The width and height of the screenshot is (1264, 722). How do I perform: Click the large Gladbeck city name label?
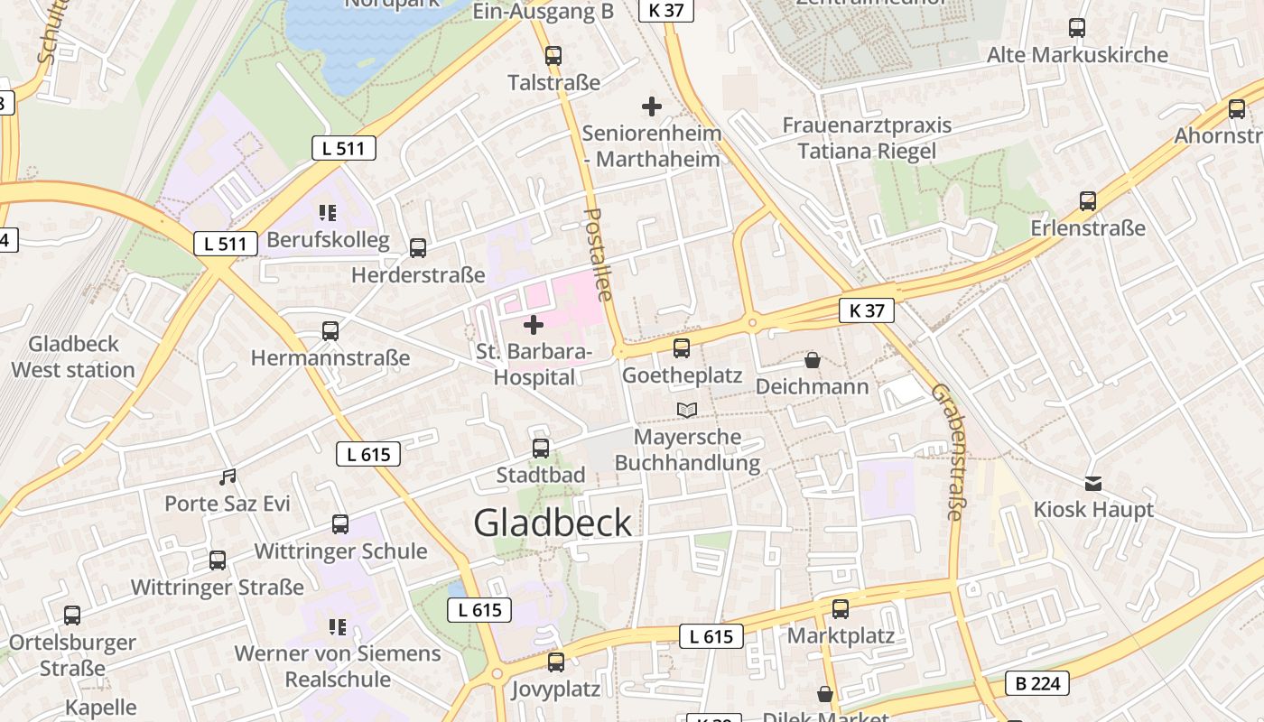click(x=553, y=523)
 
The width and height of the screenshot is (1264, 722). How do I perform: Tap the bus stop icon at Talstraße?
click(x=553, y=55)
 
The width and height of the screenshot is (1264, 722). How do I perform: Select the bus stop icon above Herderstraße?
click(x=417, y=248)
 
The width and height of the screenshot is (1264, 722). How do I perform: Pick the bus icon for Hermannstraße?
click(x=330, y=331)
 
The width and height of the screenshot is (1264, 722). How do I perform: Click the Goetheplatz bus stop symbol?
click(x=682, y=347)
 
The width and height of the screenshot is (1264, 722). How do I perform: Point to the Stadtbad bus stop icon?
click(x=541, y=448)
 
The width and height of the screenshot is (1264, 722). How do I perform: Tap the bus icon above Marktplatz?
click(x=841, y=609)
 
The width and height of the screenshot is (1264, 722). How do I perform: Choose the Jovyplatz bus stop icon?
click(x=556, y=662)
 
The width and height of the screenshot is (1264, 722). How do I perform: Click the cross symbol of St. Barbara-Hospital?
click(x=534, y=324)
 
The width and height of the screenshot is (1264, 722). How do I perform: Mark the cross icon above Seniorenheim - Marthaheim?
click(x=651, y=106)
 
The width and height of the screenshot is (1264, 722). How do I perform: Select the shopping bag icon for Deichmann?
click(x=813, y=360)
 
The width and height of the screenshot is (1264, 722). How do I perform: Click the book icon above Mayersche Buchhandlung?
click(x=687, y=411)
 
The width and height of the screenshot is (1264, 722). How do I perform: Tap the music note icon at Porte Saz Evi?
click(x=228, y=477)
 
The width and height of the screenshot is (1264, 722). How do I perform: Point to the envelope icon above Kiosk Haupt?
click(x=1093, y=483)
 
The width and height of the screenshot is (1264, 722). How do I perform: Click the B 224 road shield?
click(x=1037, y=683)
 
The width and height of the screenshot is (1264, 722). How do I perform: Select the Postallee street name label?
click(x=598, y=255)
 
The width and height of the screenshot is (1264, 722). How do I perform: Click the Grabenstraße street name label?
click(x=947, y=452)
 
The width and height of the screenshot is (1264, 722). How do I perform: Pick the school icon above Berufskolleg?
click(x=328, y=213)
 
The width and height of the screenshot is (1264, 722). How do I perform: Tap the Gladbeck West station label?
click(x=73, y=356)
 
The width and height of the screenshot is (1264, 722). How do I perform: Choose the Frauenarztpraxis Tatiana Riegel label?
click(x=867, y=138)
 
